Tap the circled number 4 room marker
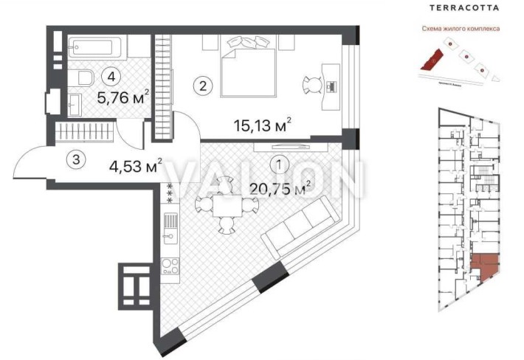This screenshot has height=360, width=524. (111, 75)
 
